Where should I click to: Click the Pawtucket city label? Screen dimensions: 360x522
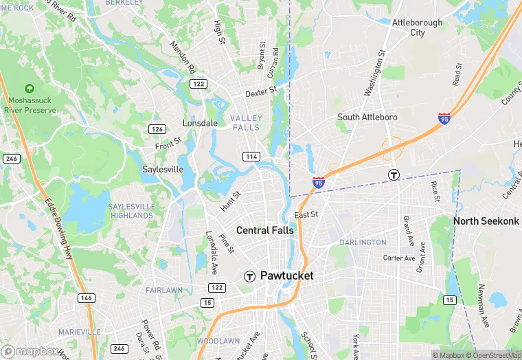click(286, 275)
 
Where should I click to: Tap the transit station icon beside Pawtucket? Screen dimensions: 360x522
click(249, 276)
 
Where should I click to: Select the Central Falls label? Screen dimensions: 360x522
click(264, 230)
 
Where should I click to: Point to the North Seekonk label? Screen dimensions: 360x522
click(486, 221)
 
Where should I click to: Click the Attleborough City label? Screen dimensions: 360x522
click(417, 27)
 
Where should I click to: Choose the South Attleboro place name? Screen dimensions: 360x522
click(367, 117)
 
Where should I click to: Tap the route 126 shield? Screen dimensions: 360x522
click(157, 129)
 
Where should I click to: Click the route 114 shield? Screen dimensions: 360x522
click(251, 157)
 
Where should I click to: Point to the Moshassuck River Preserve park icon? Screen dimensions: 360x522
click(29, 89)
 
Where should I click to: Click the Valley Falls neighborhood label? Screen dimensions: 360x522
click(245, 123)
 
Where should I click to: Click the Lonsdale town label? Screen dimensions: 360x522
click(200, 123)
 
